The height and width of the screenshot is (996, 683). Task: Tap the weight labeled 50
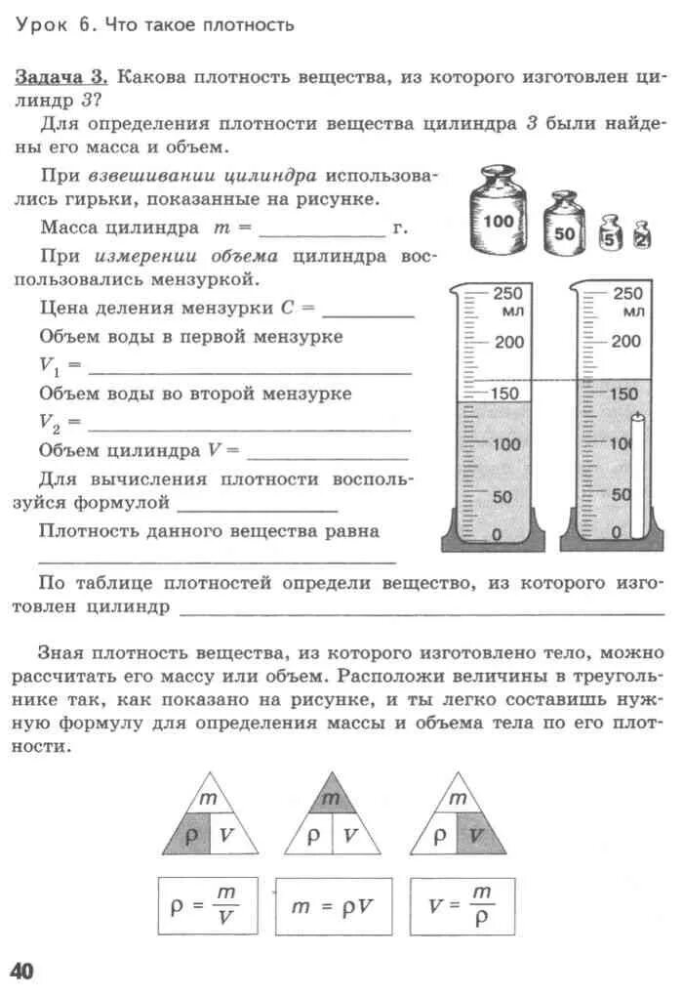tap(565, 228)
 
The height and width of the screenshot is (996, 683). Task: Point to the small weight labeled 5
tap(610, 234)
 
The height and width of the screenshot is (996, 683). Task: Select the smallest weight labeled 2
tap(641, 235)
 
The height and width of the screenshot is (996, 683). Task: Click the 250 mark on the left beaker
tap(507, 293)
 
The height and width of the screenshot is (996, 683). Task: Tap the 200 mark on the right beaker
tap(626, 342)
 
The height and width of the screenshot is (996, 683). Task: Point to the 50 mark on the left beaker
tap(502, 497)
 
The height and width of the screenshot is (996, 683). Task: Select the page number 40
tap(22, 970)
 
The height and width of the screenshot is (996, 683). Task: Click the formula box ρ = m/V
tap(199, 905)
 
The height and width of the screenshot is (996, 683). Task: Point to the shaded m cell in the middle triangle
tap(331, 798)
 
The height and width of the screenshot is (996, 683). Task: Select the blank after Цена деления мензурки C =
tap(368, 311)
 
